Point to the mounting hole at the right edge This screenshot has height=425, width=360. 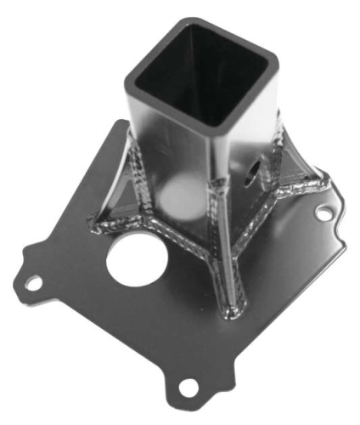pos(323,212)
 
